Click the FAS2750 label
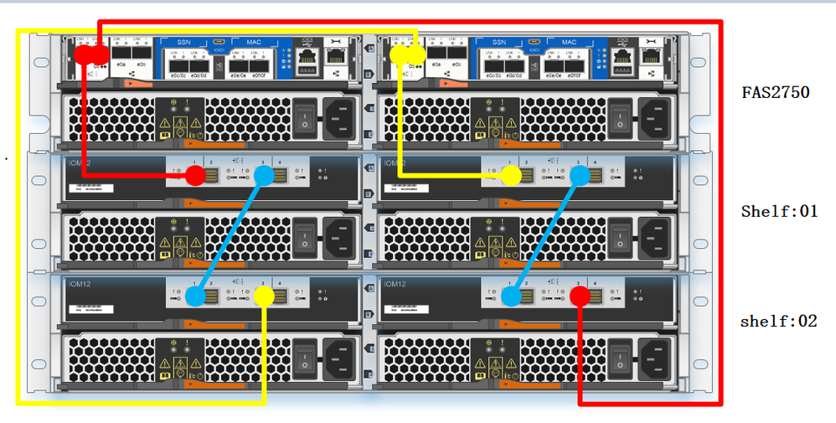pos(776,92)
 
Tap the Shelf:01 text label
pos(779,211)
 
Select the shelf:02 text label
pos(779,321)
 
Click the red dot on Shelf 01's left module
pos(194,175)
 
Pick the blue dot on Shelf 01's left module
pos(264,175)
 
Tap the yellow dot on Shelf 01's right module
pos(511,175)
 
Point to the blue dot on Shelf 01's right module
pos(580,175)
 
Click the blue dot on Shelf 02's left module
pos(195,296)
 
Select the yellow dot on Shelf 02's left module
pos(264,296)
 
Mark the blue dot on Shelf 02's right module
pos(511,296)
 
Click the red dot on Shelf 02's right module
pos(580,296)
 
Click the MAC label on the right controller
pos(569,42)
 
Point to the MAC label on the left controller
pos(253,42)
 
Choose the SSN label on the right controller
pos(499,42)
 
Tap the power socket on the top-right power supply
pos(656,116)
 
